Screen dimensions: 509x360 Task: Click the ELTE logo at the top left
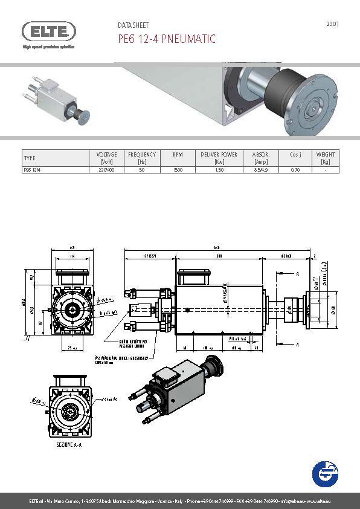49,31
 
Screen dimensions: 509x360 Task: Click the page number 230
331,25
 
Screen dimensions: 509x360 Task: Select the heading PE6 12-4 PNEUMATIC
166,39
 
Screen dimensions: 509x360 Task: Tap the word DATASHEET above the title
133,25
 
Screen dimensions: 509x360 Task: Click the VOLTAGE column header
106,158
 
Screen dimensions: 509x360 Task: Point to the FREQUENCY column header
142,158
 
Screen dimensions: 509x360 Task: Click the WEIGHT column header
326,158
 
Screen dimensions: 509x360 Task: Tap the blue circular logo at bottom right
326,473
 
